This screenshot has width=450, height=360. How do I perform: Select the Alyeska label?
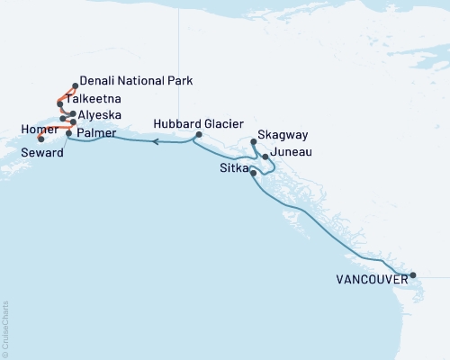tap(101, 115)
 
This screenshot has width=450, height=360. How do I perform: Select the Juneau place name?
tap(291, 152)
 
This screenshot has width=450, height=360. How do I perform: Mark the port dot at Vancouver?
tap(412, 275)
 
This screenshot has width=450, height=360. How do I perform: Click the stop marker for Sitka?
tap(254, 172)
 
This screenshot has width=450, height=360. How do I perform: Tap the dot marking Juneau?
tap(265, 157)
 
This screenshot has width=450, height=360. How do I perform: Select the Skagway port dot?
tap(254, 141)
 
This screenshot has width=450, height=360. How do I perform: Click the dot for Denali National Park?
tap(75, 86)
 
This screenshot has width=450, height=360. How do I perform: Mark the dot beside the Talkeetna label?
tap(59, 103)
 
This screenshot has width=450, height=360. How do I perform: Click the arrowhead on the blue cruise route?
tap(156, 141)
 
